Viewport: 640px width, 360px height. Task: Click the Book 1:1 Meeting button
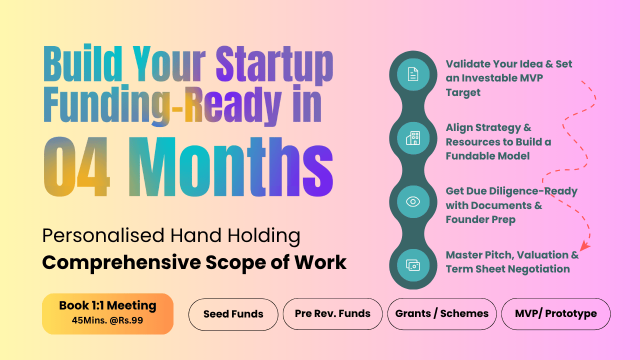coord(107,313)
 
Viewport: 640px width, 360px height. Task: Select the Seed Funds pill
coord(233,314)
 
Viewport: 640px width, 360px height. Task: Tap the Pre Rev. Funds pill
coord(332,313)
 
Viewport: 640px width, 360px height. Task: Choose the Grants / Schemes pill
coord(441,313)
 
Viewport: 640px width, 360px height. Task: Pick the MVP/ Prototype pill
coord(555,313)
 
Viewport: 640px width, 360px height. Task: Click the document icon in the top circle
coord(413,74)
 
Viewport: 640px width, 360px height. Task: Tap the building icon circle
coord(413,138)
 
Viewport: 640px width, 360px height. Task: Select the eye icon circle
coord(413,201)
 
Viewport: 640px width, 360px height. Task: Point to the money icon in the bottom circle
coord(413,265)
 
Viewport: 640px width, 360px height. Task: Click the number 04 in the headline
coord(76,166)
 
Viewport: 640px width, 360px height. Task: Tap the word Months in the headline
coord(231,166)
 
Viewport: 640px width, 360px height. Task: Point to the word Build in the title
coord(83,63)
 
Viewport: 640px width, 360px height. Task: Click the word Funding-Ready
coord(162,105)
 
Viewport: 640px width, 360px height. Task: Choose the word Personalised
coord(103,235)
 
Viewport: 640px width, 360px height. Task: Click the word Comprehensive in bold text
coord(121,263)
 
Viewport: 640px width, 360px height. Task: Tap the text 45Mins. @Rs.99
coord(107,320)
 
